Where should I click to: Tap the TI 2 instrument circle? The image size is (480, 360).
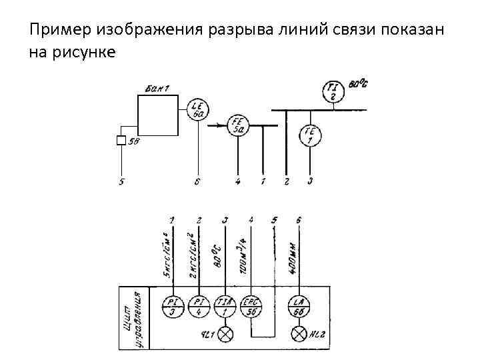click(333, 91)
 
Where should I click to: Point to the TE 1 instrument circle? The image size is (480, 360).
click(310, 135)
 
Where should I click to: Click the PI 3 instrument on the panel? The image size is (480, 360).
click(172, 306)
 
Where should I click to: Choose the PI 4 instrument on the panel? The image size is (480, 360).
click(199, 306)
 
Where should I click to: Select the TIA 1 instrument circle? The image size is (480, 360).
click(226, 306)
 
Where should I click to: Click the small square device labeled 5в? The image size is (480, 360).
click(121, 141)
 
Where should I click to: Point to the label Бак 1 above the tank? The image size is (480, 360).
click(157, 88)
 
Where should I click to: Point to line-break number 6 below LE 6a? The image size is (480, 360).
click(197, 181)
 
